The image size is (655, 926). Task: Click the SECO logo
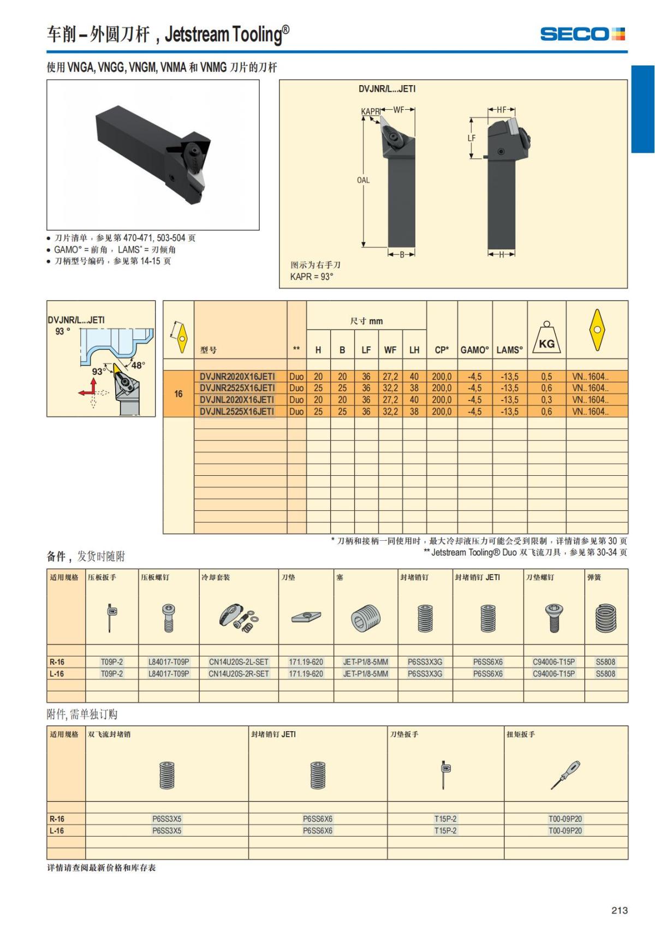pyautogui.click(x=582, y=34)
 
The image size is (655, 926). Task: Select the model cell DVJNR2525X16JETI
pyautogui.click(x=237, y=388)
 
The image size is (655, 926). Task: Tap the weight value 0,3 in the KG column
pyautogui.click(x=546, y=400)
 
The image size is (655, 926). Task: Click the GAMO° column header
pyautogui.click(x=475, y=350)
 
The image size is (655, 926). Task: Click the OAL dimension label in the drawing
pyautogui.click(x=363, y=180)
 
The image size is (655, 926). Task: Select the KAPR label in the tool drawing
pyautogui.click(x=370, y=112)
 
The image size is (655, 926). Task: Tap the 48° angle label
pyautogui.click(x=138, y=365)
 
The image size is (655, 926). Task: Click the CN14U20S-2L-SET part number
pyautogui.click(x=239, y=662)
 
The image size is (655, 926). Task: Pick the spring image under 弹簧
pyautogui.click(x=606, y=618)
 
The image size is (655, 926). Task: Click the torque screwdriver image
pyautogui.click(x=565, y=775)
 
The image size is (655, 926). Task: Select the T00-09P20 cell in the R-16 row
pyautogui.click(x=565, y=819)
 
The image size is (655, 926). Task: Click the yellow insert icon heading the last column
pyautogui.click(x=597, y=330)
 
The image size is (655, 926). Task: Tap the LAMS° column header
pyautogui.click(x=509, y=350)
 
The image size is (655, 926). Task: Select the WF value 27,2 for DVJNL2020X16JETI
pyautogui.click(x=390, y=400)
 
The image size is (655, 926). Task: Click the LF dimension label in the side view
pyautogui.click(x=472, y=138)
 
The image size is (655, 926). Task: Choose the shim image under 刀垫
pyautogui.click(x=306, y=618)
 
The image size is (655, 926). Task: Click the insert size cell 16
pyautogui.click(x=178, y=393)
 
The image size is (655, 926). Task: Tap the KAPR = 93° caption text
pyautogui.click(x=311, y=277)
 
